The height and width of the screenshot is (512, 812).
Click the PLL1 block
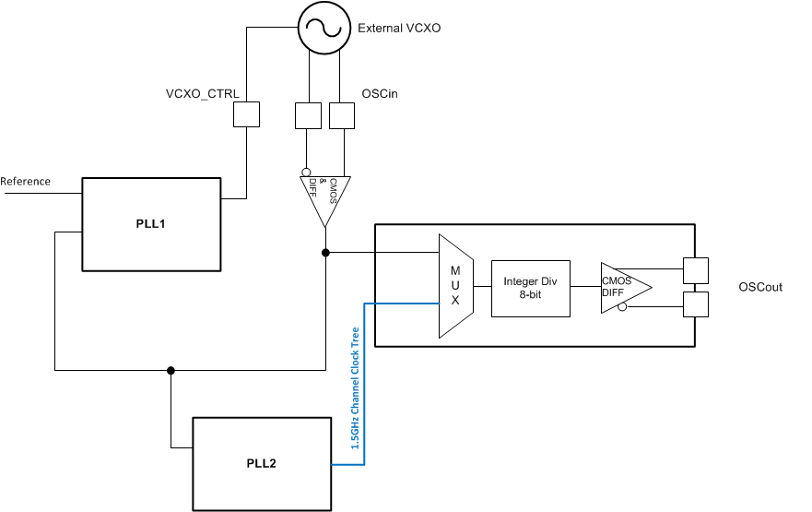(152, 224)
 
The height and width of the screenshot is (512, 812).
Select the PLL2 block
(262, 463)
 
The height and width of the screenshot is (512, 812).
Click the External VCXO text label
(399, 29)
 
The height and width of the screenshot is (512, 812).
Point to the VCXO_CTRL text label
(203, 93)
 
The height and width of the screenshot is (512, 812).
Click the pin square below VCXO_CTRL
(246, 114)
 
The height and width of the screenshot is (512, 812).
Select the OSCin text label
(380, 93)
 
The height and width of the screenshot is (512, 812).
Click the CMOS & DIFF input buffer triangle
(324, 194)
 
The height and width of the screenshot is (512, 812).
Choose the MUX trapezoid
(454, 285)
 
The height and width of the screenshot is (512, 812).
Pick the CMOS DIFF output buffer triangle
(623, 287)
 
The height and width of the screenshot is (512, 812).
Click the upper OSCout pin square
(695, 270)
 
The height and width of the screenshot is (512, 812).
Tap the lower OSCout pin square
(695, 304)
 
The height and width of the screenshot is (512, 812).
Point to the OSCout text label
(759, 287)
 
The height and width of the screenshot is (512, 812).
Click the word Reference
(26, 182)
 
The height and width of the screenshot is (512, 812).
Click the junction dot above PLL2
(171, 371)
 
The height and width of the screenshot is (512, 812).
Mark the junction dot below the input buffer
(324, 252)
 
